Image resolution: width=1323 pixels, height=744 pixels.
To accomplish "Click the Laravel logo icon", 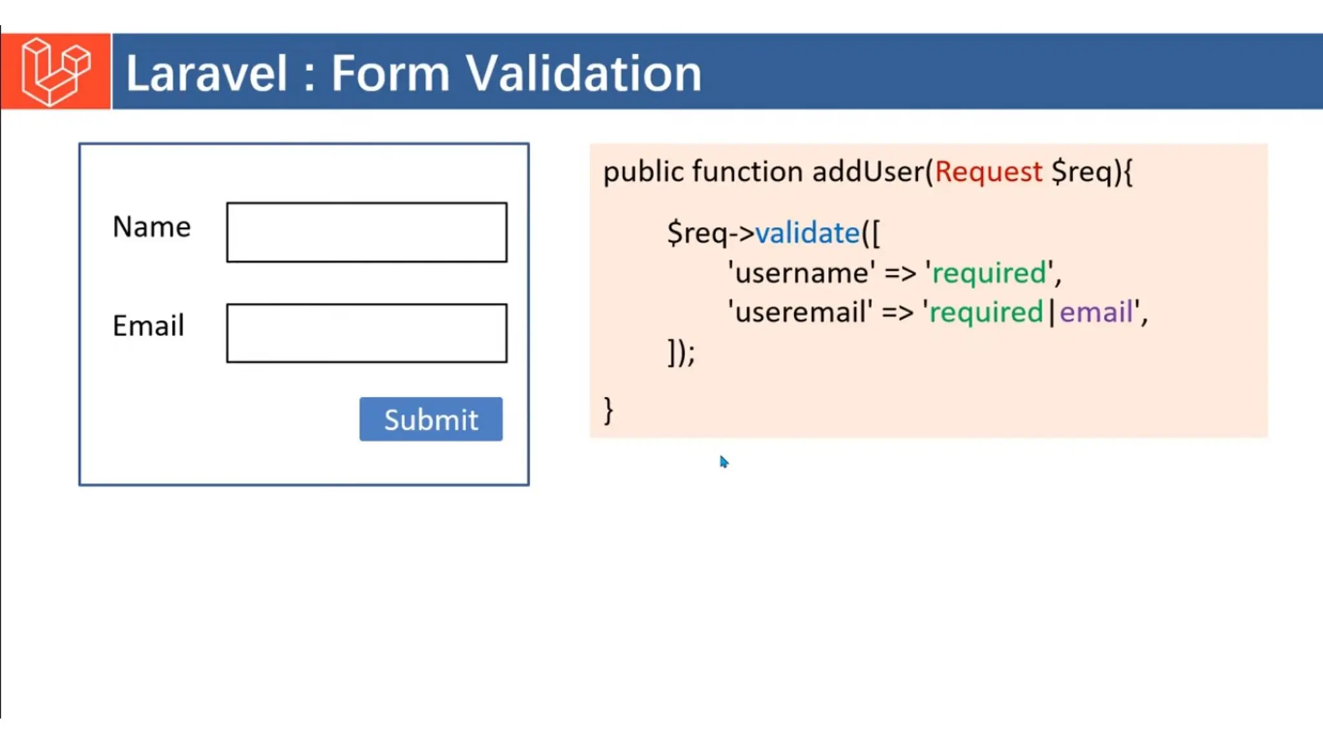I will pos(56,71).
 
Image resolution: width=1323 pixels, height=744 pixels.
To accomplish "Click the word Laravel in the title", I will pos(206,73).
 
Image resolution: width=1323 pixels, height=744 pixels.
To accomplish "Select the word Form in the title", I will pos(390,73).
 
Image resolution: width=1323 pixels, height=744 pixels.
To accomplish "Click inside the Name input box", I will pos(366,232).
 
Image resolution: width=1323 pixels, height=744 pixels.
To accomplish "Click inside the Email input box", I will pos(366,333).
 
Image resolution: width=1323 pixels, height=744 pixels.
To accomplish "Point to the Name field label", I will pos(152,227).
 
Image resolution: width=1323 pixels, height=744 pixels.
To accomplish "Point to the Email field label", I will pos(149,325).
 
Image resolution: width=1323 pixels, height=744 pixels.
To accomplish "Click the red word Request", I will pos(988,172).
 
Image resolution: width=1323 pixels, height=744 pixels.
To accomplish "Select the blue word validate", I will pos(807,232).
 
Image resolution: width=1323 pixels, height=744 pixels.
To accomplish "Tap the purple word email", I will pos(1096,313).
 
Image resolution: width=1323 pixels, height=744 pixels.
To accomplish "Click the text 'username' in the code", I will pos(802,273).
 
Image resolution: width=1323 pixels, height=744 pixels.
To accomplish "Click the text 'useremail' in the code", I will pos(800,313).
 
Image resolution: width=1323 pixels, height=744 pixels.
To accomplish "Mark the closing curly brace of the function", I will pos(608,411).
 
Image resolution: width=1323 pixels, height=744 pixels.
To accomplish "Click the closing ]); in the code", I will pos(681,353).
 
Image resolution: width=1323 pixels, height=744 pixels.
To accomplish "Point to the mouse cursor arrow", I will pos(724,461).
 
